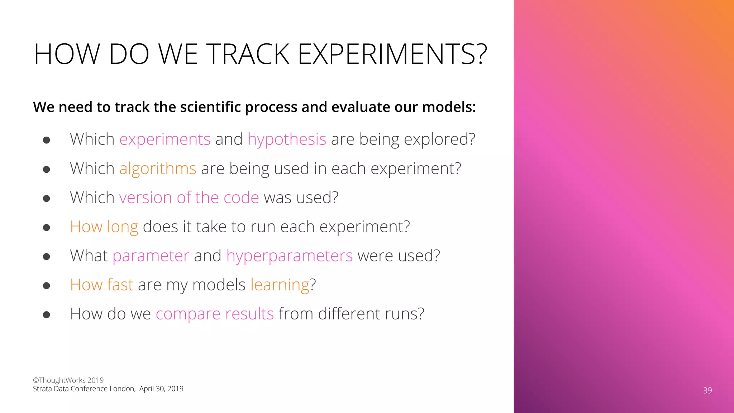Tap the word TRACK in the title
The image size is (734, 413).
pos(248,54)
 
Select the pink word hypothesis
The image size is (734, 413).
pos(287,139)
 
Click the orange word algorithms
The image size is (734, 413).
pos(158,168)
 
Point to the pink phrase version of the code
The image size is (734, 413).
pos(189,198)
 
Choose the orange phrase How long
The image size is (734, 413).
pos(104,227)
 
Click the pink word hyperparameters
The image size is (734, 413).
pos(289,256)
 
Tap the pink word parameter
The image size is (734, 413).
pos(151,256)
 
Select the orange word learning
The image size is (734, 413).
pos(280,285)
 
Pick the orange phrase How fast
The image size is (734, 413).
pos(101,285)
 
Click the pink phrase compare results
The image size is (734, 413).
pos(215,314)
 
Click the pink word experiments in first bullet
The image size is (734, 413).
pos(165,139)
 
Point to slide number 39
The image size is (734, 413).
pos(707,390)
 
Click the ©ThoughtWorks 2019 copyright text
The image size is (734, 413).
pos(68,380)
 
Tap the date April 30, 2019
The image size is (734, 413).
pos(161,389)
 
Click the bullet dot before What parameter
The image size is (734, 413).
pos(46,257)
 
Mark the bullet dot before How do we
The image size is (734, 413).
pos(46,315)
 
